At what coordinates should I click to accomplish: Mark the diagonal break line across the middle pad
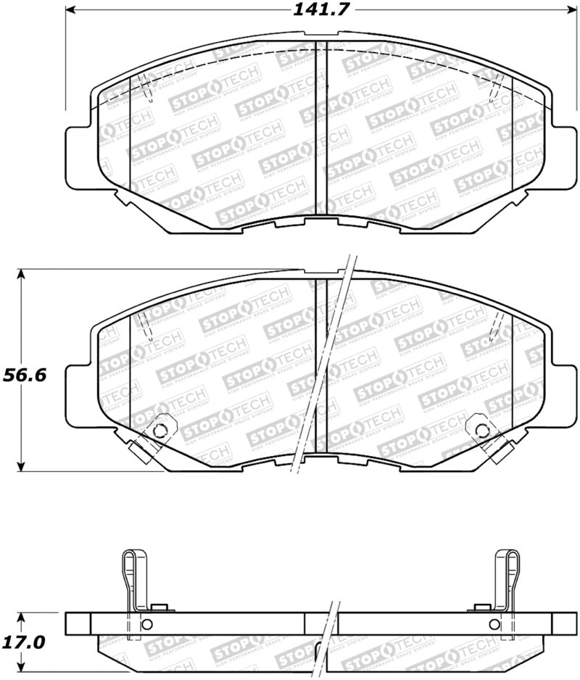tap(323, 362)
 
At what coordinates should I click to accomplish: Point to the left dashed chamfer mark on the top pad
tap(147, 87)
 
